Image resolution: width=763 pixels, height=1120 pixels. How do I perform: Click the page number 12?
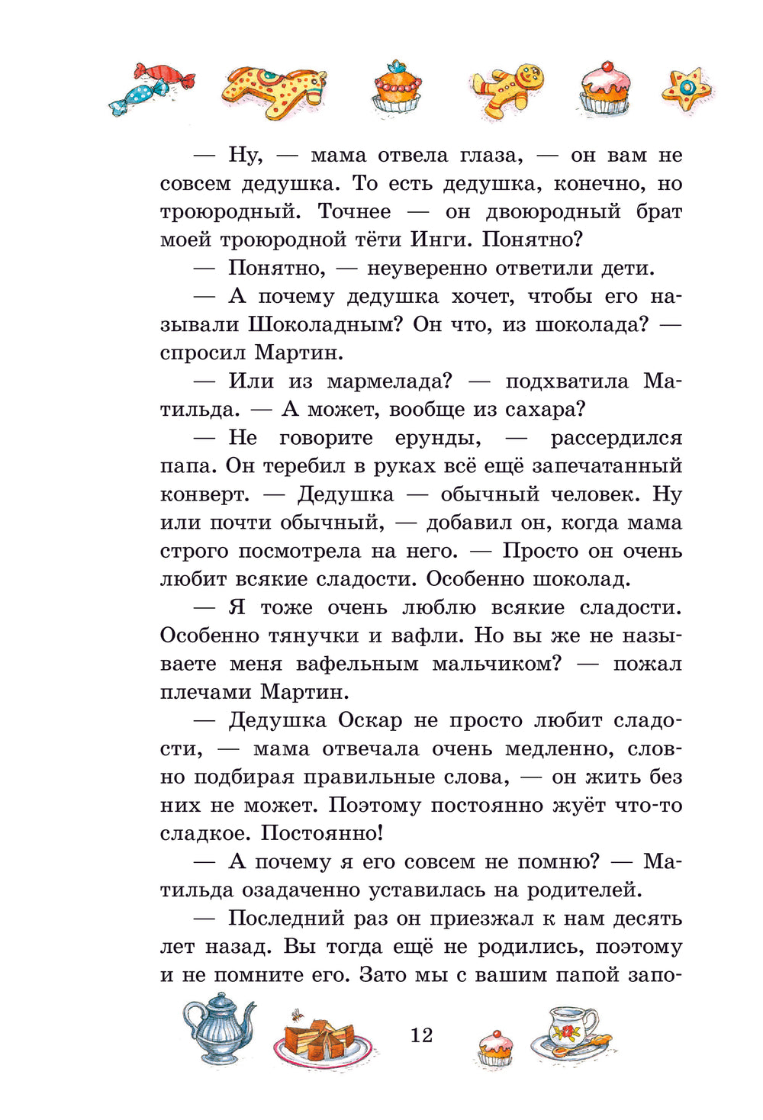421,1035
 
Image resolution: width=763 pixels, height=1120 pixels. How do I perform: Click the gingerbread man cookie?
510,89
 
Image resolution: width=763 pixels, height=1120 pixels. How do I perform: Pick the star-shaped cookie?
687,90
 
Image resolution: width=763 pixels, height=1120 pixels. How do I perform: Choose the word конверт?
204,495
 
